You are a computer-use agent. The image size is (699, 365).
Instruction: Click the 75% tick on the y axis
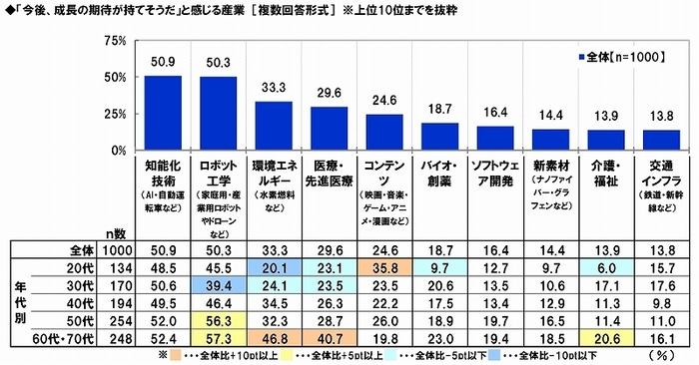point(113,42)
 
